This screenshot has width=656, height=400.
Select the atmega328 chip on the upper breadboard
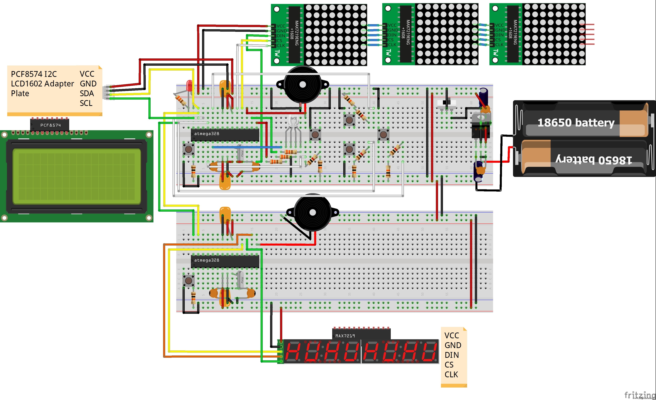225,135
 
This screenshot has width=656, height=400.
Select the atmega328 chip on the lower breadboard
225,261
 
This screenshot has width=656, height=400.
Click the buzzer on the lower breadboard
313,213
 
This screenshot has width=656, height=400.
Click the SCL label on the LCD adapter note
86,103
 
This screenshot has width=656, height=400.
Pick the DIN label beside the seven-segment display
452,355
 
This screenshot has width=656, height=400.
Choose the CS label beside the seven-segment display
449,365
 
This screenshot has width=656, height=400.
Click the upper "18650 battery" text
576,123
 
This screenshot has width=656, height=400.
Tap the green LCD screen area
77,176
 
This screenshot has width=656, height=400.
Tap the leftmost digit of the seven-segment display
293,352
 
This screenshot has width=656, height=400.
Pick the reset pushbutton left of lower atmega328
189,280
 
